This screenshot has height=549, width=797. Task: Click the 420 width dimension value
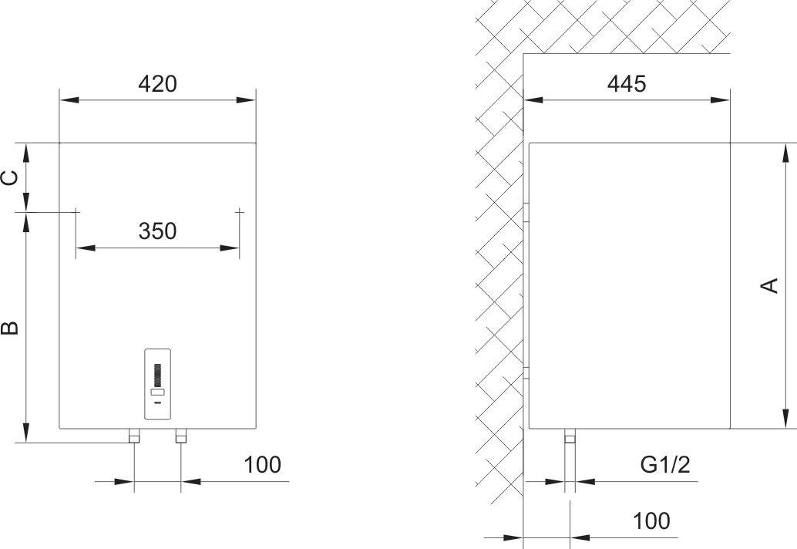click(x=157, y=84)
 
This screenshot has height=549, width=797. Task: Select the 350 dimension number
click(x=157, y=231)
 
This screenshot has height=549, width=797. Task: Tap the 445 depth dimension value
click(x=627, y=84)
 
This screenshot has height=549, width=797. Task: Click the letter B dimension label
click(x=10, y=328)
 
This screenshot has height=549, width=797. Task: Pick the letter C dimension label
click(x=10, y=178)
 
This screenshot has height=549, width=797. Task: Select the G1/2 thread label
click(x=665, y=465)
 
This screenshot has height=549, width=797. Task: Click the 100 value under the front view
click(x=262, y=465)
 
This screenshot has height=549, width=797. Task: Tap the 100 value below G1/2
click(x=651, y=521)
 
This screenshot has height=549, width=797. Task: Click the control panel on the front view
click(x=157, y=384)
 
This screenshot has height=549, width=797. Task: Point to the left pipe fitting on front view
click(x=134, y=436)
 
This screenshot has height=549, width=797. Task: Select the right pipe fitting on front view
click(x=181, y=436)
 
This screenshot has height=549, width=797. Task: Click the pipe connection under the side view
click(x=570, y=436)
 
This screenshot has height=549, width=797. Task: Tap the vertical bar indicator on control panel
click(x=157, y=375)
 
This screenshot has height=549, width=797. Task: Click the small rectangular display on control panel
click(x=157, y=392)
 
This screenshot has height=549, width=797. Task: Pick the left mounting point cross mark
click(x=76, y=211)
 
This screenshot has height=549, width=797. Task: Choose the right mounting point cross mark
click(x=240, y=211)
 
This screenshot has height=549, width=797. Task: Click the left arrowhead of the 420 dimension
click(x=69, y=100)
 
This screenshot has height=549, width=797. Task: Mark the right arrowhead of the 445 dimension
click(x=720, y=100)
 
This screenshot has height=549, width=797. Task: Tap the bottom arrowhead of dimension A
click(x=785, y=419)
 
